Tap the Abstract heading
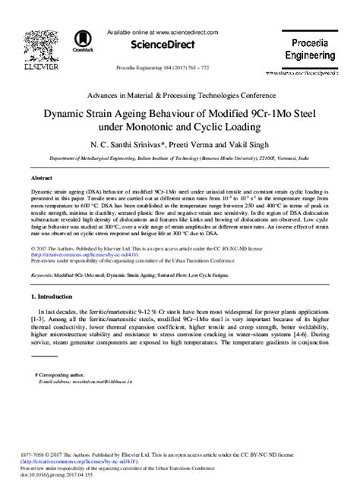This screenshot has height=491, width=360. [43, 176]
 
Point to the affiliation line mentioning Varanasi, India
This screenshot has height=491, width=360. [179, 160]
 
